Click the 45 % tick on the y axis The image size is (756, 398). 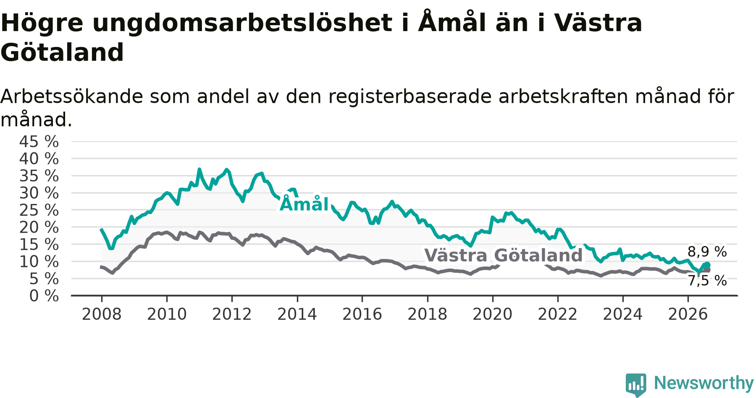pyautogui.click(x=39, y=142)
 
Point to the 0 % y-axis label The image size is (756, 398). pyautogui.click(x=44, y=296)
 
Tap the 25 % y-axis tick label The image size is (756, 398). pyautogui.click(x=39, y=210)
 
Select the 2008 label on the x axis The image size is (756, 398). pyautogui.click(x=102, y=314)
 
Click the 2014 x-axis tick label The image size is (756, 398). pyautogui.click(x=297, y=314)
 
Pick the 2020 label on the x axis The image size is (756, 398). pyautogui.click(x=493, y=314)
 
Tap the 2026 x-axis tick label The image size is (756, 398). pyautogui.click(x=688, y=314)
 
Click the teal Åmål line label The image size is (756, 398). pyautogui.click(x=304, y=204)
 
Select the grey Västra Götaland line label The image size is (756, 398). pyautogui.click(x=504, y=255)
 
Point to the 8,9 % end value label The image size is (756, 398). pyautogui.click(x=707, y=252)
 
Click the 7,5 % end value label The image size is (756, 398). pyautogui.click(x=707, y=280)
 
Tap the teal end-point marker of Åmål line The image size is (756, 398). pyautogui.click(x=707, y=264)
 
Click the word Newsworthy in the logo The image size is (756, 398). pyautogui.click(x=704, y=383)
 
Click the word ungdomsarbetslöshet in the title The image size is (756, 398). pyautogui.click(x=243, y=23)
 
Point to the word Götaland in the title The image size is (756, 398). pyautogui.click(x=62, y=52)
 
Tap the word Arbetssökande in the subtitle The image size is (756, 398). pyautogui.click(x=72, y=97)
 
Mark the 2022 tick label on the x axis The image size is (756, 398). pyautogui.click(x=558, y=314)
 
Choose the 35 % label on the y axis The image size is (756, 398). pyautogui.click(x=39, y=176)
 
